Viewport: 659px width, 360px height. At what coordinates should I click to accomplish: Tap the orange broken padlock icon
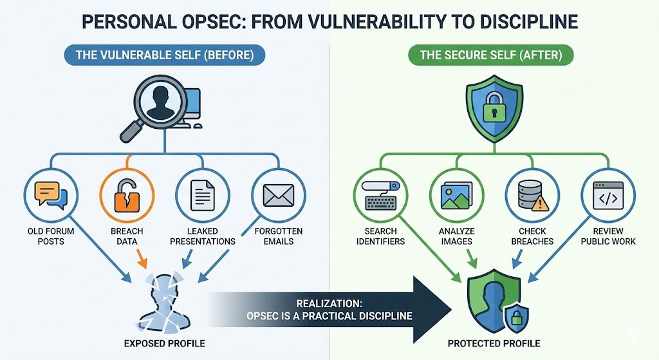click(x=126, y=195)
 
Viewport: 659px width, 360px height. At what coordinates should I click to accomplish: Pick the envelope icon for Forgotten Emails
click(x=278, y=195)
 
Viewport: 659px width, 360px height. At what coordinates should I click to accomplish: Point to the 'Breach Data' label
click(x=126, y=236)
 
